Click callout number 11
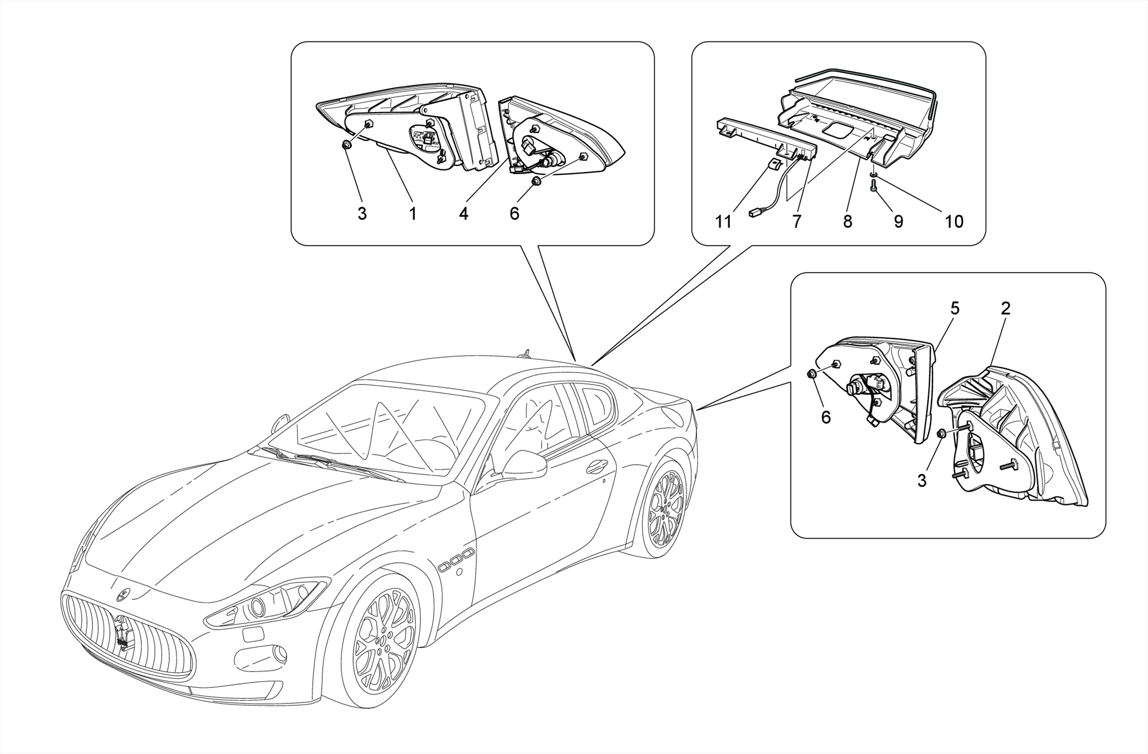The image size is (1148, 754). click(723, 222)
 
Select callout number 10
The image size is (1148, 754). click(953, 222)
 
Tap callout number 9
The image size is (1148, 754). click(898, 222)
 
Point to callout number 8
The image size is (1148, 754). click(847, 222)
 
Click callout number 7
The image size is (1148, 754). click(797, 222)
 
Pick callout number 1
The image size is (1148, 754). click(413, 214)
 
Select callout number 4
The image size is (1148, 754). click(463, 214)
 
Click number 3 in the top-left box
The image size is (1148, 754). click(362, 214)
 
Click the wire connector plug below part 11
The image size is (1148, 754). click(754, 213)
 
